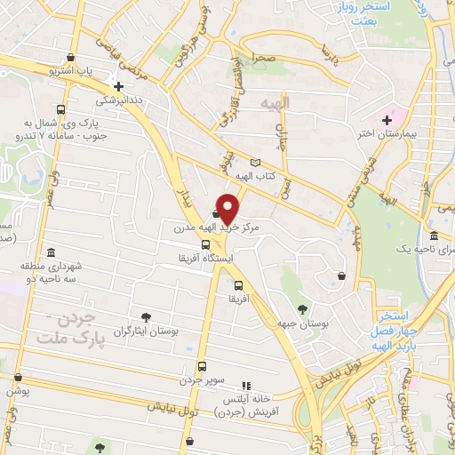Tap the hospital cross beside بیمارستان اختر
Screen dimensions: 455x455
pos(387,120)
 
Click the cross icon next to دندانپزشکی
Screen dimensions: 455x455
pos(118,87)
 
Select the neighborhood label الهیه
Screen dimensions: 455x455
pos(275,103)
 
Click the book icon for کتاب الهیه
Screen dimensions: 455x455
pos(257,163)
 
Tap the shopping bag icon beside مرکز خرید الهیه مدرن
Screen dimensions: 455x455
pos(217,212)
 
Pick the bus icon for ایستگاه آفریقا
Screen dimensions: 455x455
pos(206,244)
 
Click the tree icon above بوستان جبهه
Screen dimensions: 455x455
pos(302,309)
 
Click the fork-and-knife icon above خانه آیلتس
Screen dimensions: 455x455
pos(247,386)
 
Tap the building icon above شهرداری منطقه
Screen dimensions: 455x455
pos(52,254)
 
